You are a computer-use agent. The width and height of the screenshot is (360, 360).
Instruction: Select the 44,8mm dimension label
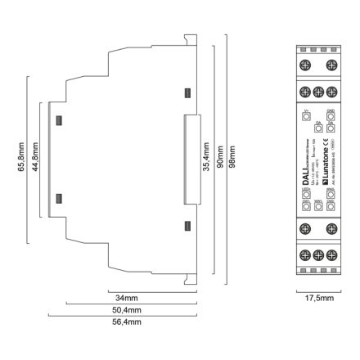[x=35, y=159]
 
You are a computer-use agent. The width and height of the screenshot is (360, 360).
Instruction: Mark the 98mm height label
[x=232, y=159]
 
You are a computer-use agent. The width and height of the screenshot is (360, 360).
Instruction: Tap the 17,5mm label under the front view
[x=317, y=299]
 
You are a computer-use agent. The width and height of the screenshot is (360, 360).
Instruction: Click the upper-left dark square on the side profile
[x=58, y=120]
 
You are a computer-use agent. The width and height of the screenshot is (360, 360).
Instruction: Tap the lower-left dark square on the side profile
[x=58, y=196]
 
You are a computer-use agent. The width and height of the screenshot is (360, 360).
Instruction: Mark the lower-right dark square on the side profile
[x=186, y=225]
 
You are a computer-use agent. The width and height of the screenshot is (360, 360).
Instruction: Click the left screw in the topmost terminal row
[x=305, y=64]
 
